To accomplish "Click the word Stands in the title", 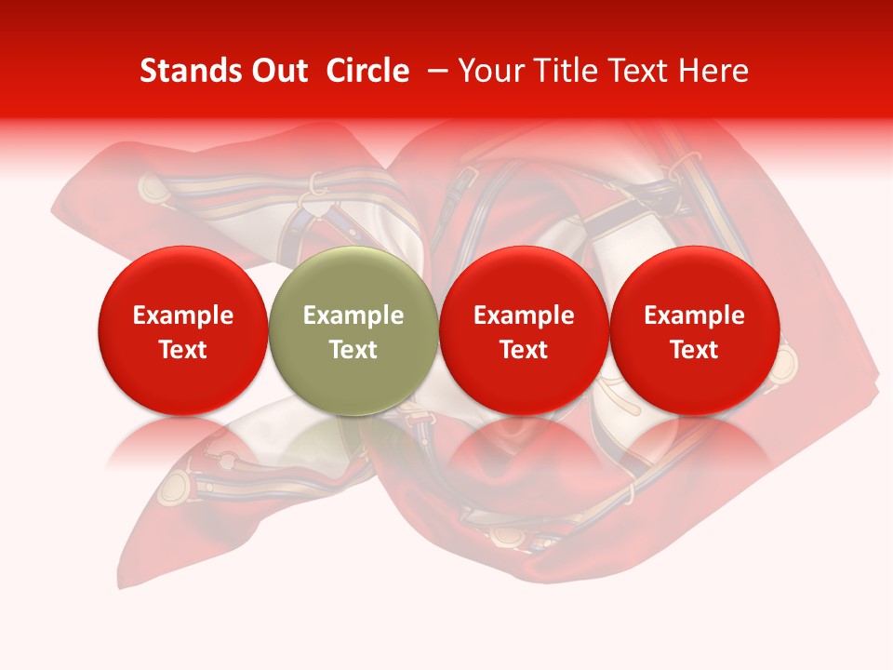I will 191,71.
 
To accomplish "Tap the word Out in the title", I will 279,71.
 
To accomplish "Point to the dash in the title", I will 437,71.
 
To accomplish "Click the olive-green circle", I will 353,331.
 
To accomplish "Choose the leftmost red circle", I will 183,331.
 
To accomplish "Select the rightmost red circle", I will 694,331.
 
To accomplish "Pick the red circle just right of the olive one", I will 524,331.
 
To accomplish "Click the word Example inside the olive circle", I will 353,315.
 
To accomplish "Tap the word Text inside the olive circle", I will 353,350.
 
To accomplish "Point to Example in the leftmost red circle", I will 183,315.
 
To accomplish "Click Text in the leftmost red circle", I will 183,350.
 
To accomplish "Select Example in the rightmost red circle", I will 694,315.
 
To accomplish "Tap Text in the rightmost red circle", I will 694,350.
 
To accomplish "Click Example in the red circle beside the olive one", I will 524,315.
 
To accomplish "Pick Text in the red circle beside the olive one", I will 524,350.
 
